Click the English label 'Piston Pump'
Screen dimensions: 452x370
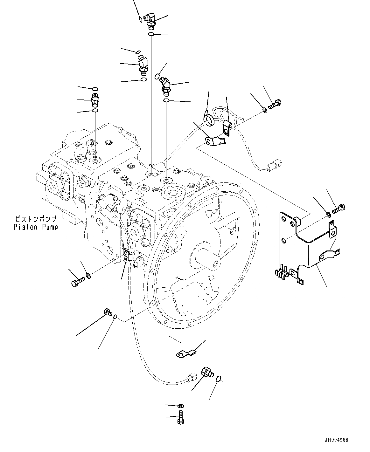click(36, 227)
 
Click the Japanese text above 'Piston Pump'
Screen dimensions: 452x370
click(36, 219)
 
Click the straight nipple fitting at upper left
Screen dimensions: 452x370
click(95, 100)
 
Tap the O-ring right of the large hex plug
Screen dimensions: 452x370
click(218, 379)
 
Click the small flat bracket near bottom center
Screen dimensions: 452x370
click(186, 353)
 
